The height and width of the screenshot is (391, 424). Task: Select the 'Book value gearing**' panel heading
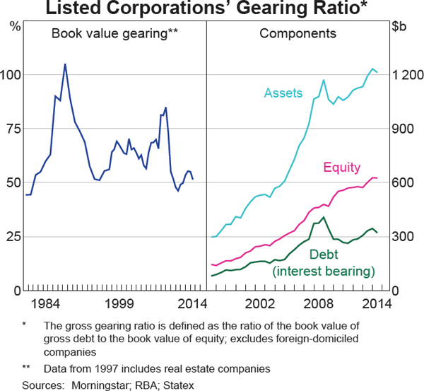click(114, 33)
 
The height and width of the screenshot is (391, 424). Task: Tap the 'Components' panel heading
click(298, 33)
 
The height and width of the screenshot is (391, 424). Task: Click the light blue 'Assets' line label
click(283, 93)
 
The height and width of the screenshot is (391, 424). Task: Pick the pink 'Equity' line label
click(341, 168)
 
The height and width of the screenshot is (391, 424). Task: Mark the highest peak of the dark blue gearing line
click(65, 64)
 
